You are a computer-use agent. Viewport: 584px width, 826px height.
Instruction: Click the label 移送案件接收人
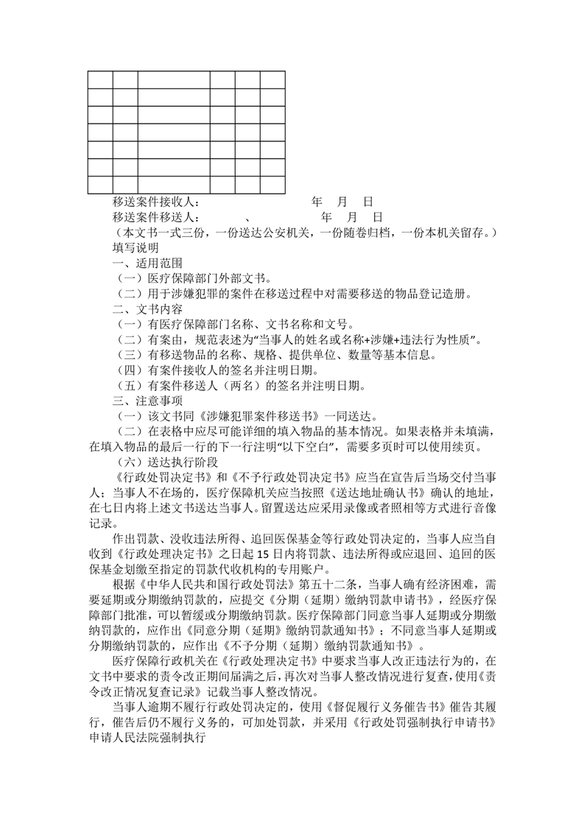point(156,202)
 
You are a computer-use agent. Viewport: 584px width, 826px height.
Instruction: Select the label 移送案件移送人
point(156,217)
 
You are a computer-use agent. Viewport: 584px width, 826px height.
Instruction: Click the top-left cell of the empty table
point(100,80)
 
